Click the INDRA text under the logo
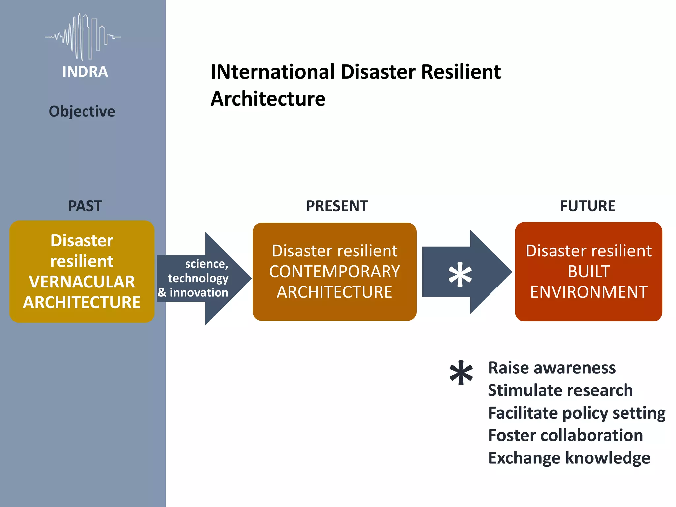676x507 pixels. pyautogui.click(x=85, y=72)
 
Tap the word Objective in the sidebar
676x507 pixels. pyautogui.click(x=82, y=111)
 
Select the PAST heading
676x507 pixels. pyautogui.click(x=85, y=206)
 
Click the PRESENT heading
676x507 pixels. pyautogui.click(x=337, y=206)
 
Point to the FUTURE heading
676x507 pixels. pyautogui.click(x=588, y=206)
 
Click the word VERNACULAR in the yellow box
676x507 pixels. pyautogui.click(x=82, y=282)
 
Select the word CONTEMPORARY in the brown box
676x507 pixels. pyautogui.click(x=334, y=272)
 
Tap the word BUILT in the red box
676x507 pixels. pyautogui.click(x=589, y=272)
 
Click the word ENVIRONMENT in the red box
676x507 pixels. pyautogui.click(x=589, y=292)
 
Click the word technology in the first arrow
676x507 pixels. pyautogui.click(x=198, y=278)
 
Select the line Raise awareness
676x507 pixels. pyautogui.click(x=552, y=368)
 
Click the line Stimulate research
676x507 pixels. pyautogui.click(x=560, y=390)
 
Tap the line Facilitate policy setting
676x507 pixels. pyautogui.click(x=577, y=413)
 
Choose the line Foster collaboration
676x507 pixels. pyautogui.click(x=565, y=435)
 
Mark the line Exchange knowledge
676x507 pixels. pyautogui.click(x=569, y=458)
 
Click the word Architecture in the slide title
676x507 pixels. pyautogui.click(x=268, y=99)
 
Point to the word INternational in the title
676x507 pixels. pyautogui.click(x=273, y=72)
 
